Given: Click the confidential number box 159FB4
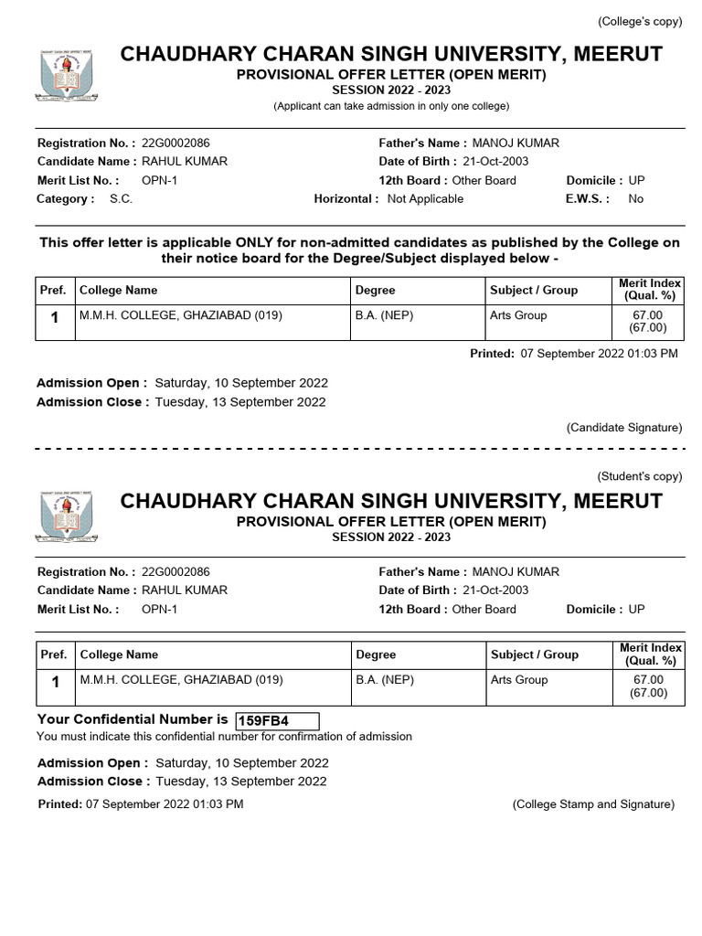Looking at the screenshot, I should pyautogui.click(x=277, y=721).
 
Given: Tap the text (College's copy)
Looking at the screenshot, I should pyautogui.click(x=639, y=22).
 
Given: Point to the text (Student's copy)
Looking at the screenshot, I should pyautogui.click(x=640, y=476).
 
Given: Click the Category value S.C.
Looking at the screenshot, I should pyautogui.click(x=121, y=198).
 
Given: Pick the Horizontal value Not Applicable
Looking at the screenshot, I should pyautogui.click(x=425, y=198).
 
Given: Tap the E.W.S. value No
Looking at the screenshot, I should pyautogui.click(x=636, y=198).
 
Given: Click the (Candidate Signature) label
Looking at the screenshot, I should pyautogui.click(x=624, y=427).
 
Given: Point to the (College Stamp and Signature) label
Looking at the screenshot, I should pyautogui.click(x=593, y=804).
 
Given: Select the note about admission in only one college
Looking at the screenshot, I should pyautogui.click(x=391, y=107).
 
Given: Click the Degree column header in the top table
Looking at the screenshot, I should pyautogui.click(x=375, y=290).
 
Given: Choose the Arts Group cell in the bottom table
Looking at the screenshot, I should pyautogui.click(x=519, y=680).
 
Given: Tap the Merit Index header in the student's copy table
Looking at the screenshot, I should pyautogui.click(x=650, y=654).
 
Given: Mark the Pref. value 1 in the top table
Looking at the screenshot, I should pyautogui.click(x=55, y=318).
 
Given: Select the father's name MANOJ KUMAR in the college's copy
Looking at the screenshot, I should pyautogui.click(x=516, y=143).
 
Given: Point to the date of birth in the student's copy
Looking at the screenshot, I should pyautogui.click(x=495, y=590).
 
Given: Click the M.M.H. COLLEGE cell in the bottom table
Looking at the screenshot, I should pyautogui.click(x=181, y=680).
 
